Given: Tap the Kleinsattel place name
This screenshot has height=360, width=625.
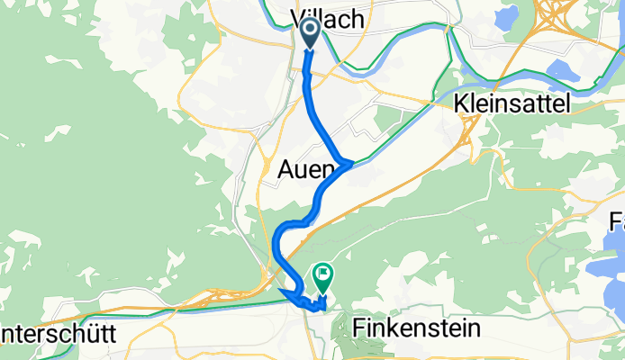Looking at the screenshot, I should [513, 104].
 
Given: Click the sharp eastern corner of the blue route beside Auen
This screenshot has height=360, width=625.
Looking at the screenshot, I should [349, 162].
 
